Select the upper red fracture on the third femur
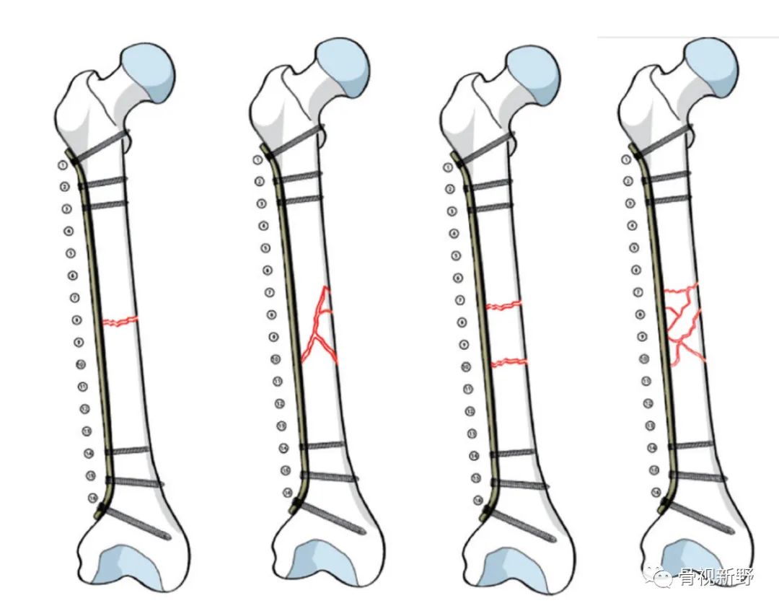pyautogui.click(x=504, y=306)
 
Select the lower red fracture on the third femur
pyautogui.click(x=509, y=362)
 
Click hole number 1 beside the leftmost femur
pyautogui.click(x=63, y=165)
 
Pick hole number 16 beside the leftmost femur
pyautogui.click(x=93, y=498)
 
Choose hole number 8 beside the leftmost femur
pyautogui.click(x=76, y=320)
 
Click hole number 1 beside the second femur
pyautogui.click(x=258, y=160)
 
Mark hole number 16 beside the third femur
pyautogui.click(x=477, y=500)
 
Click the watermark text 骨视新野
pyautogui.click(x=714, y=576)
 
